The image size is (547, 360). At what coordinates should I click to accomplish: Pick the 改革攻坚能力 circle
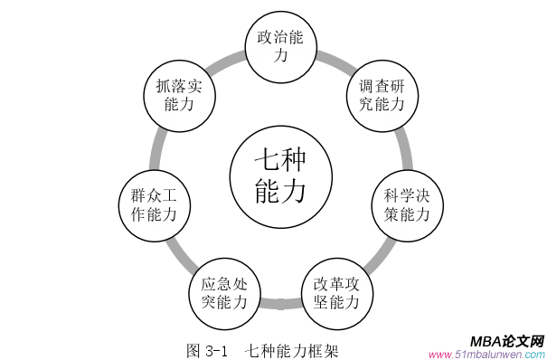point(336,290)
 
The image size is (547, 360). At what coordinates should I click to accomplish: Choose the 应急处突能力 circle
point(223,290)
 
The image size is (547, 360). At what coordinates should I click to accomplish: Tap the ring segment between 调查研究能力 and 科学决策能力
point(405,150)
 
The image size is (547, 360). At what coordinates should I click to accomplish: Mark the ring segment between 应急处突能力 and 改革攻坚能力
point(279,303)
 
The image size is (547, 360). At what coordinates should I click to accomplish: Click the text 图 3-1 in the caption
point(209,349)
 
